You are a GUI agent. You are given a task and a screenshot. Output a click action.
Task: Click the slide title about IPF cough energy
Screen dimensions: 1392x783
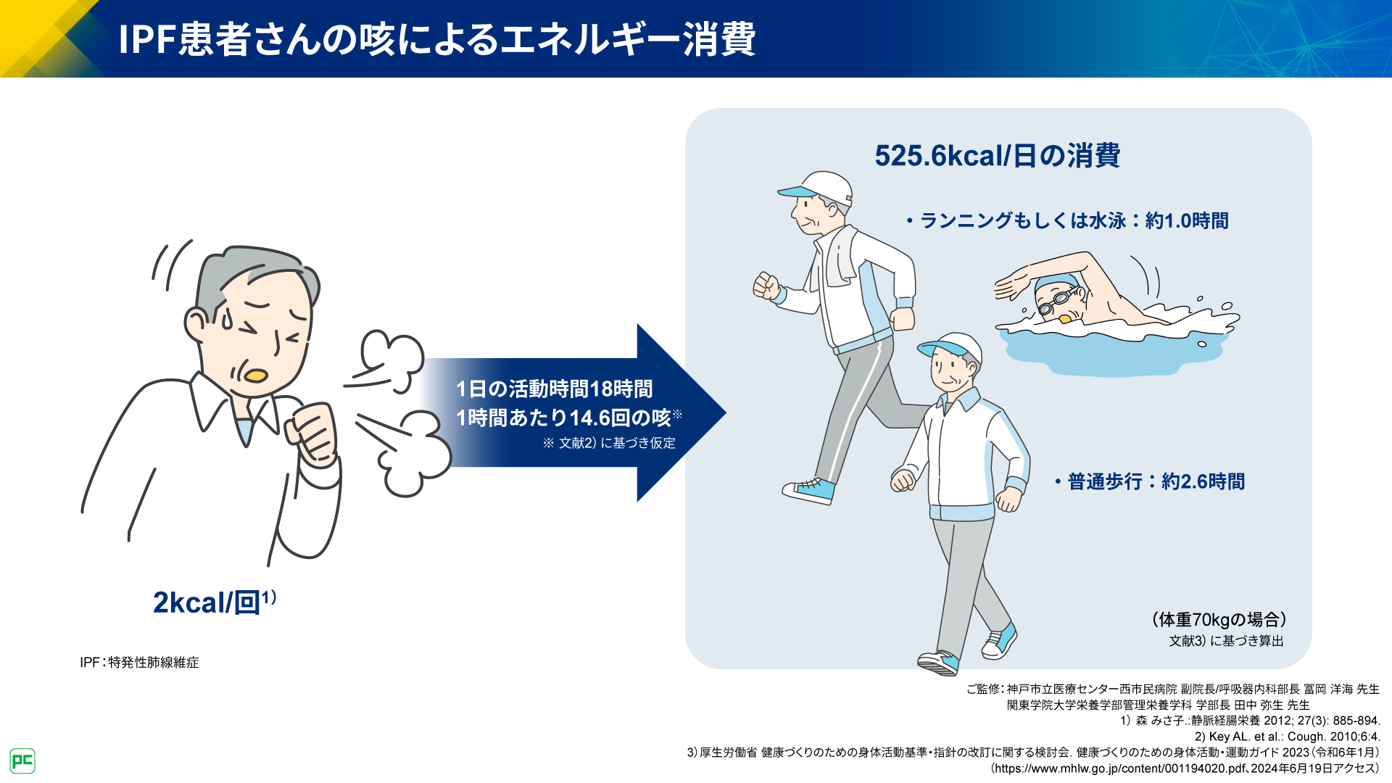pyautogui.click(x=436, y=39)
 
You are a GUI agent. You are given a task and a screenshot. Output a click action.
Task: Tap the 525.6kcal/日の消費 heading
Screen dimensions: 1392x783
pyautogui.click(x=998, y=156)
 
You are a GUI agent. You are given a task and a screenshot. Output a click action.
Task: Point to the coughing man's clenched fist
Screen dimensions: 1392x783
pyautogui.click(x=312, y=432)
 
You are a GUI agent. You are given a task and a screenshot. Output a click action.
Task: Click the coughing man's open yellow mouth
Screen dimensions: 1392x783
pyautogui.click(x=256, y=376)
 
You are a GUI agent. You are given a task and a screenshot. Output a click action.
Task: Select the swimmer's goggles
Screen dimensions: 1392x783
pyautogui.click(x=1055, y=302)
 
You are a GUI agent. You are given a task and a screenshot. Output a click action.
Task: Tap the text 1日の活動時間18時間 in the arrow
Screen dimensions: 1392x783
pyautogui.click(x=555, y=389)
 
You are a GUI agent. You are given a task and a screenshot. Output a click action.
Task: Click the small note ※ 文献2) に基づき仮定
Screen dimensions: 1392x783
pyautogui.click(x=609, y=443)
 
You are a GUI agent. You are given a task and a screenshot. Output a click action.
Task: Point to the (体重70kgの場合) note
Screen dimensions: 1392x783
pyautogui.click(x=1219, y=619)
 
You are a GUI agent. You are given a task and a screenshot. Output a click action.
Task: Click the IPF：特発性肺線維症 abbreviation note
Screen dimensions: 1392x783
pyautogui.click(x=139, y=663)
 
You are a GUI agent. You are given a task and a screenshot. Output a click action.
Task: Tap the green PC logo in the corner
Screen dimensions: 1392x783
pyautogui.click(x=22, y=761)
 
